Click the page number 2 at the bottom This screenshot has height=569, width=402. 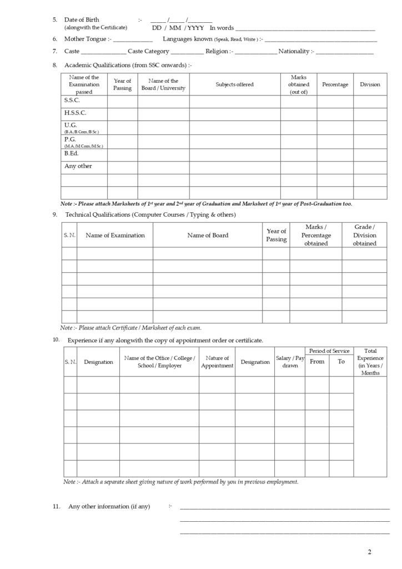pos(369,552)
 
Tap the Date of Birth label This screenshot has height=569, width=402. pos(82,19)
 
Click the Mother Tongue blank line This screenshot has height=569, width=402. pos(133,41)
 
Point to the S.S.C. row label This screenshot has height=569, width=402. pos(72,100)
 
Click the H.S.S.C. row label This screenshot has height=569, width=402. pos(75,113)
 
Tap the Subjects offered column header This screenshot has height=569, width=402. pos(234,84)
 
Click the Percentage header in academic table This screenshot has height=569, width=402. pos(335,84)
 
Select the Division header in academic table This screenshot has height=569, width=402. pos(370,84)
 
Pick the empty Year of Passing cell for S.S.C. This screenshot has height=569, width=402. pos(122,101)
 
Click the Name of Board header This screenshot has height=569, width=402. pos(208,235)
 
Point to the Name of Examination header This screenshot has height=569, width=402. pos(115,235)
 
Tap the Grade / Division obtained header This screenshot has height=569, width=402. pos(364,235)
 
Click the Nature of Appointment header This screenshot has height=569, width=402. pos(217,362)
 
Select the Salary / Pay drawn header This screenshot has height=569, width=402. pos(290,362)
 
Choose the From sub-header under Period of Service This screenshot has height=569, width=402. pos(316,362)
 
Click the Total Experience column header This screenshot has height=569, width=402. pos(370,362)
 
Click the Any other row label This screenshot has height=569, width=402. pos(78,166)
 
